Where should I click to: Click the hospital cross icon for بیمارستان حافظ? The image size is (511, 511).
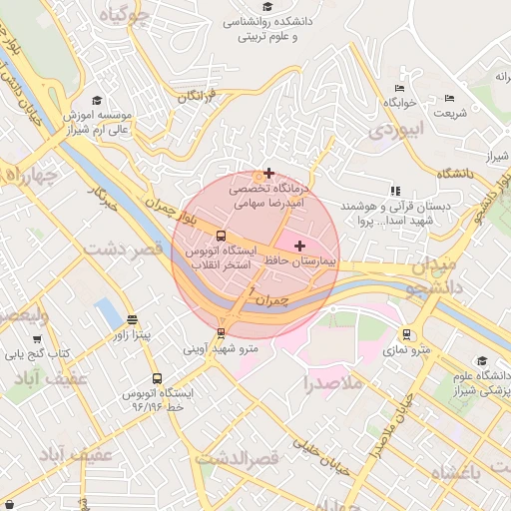point(299,245)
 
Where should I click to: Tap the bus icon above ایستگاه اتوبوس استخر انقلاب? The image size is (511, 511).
point(221,236)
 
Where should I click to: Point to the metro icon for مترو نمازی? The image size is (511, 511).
point(406,334)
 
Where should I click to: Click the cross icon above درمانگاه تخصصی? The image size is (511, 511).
point(268,173)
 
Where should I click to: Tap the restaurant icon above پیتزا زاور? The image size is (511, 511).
point(133,319)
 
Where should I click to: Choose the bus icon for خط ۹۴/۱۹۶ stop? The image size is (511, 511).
point(157,379)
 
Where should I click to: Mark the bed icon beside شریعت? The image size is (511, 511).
point(449,98)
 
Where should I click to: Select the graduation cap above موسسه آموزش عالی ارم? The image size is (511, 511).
point(97,100)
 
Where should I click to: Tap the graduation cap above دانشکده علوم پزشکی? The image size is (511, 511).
point(482,361)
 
